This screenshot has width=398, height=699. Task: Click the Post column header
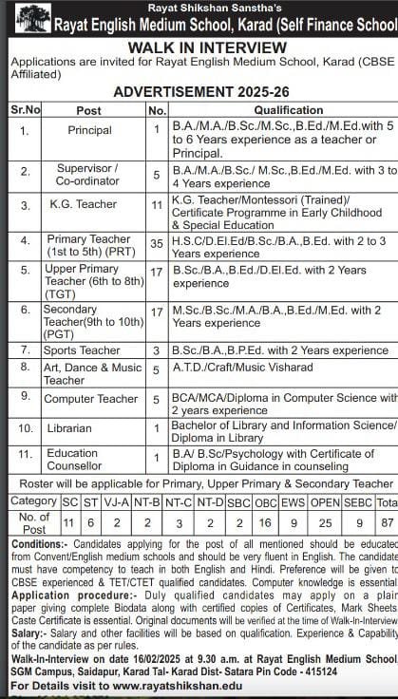coord(88,110)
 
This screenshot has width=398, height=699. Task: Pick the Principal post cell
coord(89,130)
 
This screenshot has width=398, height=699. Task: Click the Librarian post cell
coord(88,428)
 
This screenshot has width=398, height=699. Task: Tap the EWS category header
coord(294,501)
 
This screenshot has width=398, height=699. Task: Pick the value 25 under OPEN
coord(325,521)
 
